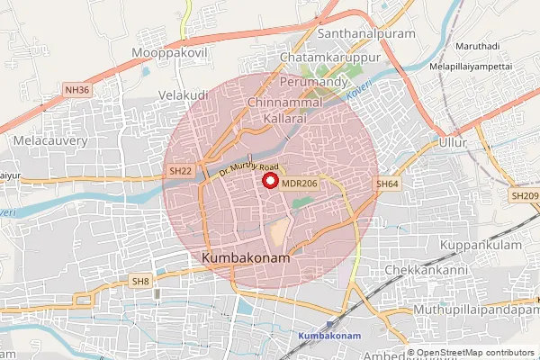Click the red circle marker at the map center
[x=269, y=180]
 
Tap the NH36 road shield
[x=77, y=90]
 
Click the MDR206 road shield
[x=300, y=184]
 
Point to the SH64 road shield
[x=387, y=184]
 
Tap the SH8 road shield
[x=139, y=282]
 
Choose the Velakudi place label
[x=183, y=94]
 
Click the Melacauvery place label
[x=49, y=141]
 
